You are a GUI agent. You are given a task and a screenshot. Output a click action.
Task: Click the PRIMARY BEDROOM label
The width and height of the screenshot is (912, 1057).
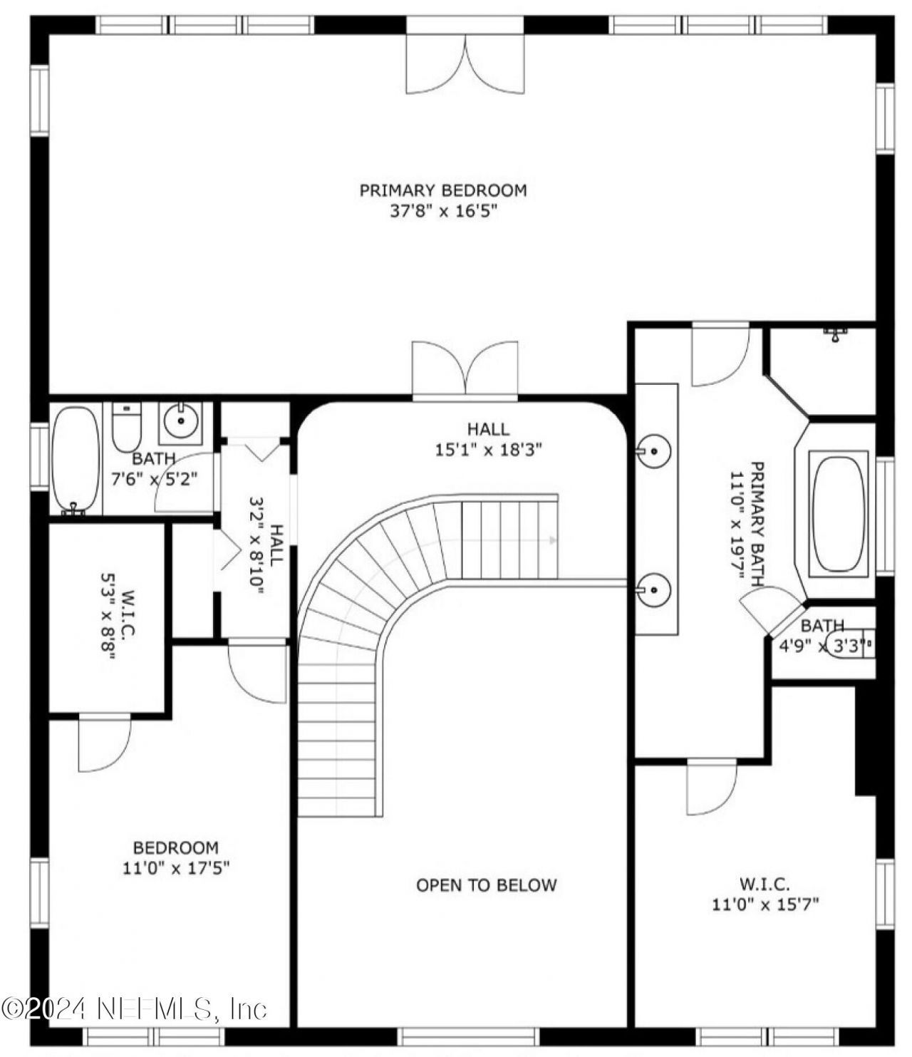point(442,190)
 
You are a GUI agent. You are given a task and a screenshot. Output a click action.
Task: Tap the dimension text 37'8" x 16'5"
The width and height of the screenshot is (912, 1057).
point(442,212)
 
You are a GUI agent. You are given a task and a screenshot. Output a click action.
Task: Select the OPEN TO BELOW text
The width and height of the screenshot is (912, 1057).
point(486,885)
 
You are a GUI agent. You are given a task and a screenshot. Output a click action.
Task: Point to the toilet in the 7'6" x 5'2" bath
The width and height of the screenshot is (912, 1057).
point(128,426)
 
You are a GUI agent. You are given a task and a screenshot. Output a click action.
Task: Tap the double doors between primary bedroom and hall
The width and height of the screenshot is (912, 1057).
point(465,367)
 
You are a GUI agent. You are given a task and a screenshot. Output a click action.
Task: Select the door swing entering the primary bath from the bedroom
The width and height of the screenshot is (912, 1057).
point(720,354)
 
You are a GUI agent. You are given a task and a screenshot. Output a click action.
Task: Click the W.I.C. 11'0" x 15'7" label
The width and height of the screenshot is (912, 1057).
point(765,894)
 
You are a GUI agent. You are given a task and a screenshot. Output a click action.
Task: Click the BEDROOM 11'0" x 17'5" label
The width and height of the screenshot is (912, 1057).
point(176,857)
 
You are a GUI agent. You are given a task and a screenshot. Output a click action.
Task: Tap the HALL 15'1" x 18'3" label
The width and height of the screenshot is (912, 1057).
point(488,439)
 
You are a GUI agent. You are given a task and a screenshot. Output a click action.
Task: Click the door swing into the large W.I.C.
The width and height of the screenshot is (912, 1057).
point(711,788)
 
